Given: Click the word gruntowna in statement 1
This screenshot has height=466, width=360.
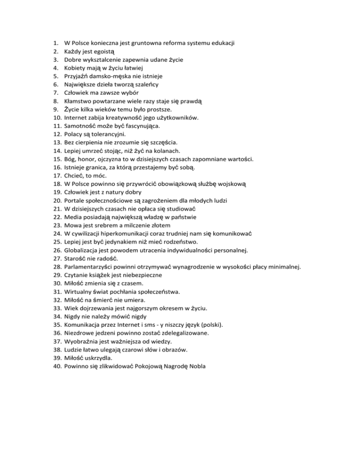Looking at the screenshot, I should pos(142,43).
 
